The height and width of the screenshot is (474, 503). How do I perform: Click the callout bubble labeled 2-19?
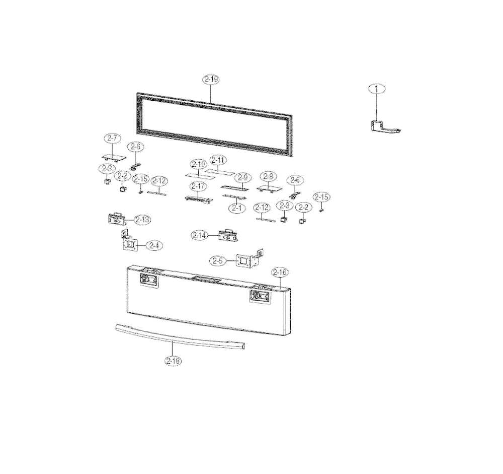tap(211, 79)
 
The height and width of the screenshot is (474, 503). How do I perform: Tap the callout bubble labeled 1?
tap(376, 89)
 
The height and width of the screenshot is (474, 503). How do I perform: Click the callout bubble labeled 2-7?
tap(112, 138)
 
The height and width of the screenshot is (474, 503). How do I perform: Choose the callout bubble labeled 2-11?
tap(219, 160)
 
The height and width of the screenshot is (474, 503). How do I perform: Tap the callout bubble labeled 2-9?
tap(242, 177)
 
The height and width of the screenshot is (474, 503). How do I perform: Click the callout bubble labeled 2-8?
tap(268, 176)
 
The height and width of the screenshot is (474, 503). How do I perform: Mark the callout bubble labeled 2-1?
tap(236, 207)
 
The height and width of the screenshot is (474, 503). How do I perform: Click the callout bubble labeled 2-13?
tap(142, 220)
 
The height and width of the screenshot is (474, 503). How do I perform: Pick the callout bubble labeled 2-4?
tap(154, 245)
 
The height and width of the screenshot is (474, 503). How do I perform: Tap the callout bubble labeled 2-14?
tap(200, 235)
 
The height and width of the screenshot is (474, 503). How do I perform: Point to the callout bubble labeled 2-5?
tap(217, 260)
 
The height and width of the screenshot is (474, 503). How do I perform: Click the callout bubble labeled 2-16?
tap(280, 273)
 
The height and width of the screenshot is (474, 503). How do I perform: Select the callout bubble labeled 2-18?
tap(173, 361)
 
